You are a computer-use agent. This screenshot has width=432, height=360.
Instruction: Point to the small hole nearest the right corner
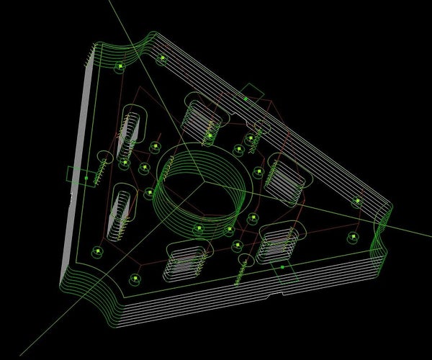coord(356,202)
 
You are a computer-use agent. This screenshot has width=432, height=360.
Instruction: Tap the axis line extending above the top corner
coord(122,22)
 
